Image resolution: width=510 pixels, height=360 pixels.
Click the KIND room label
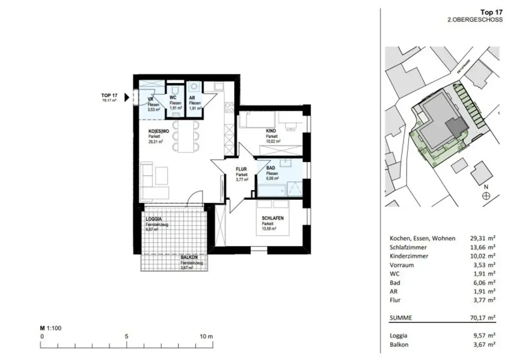271,131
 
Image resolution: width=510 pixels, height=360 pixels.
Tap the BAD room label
271,168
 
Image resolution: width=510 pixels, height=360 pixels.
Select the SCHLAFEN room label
273,218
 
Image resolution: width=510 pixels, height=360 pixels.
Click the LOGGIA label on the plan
153,219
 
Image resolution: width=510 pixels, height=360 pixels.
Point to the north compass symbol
486,196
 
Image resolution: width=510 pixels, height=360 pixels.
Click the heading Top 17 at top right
492,12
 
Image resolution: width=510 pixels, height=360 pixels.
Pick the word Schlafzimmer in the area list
409,247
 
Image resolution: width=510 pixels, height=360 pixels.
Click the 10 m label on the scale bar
206,336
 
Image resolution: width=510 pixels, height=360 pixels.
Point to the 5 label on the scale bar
127,336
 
